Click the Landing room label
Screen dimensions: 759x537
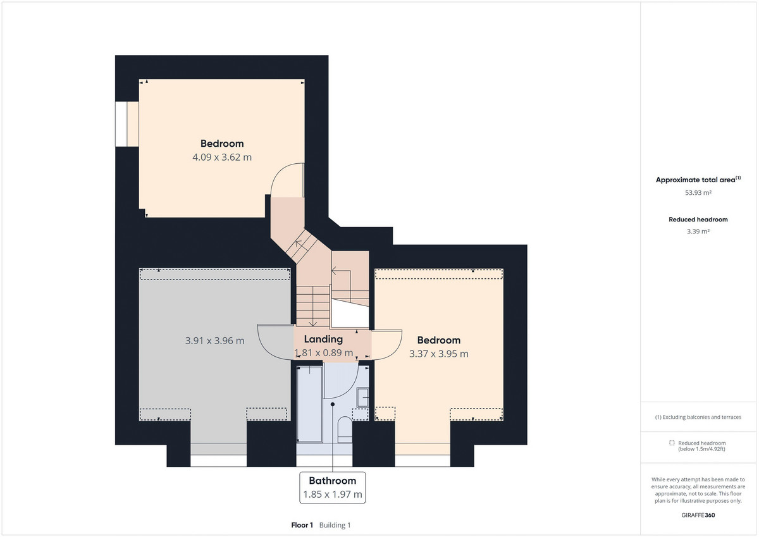point(323,339)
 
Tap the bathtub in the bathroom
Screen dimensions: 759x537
point(309,404)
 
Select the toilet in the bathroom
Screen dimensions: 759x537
point(345,429)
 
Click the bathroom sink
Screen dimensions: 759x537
point(363,397)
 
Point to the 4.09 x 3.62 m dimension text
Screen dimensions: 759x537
point(222,157)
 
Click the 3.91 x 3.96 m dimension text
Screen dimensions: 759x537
point(214,340)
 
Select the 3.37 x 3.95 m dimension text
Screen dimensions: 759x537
point(439,354)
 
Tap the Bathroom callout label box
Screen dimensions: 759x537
point(333,488)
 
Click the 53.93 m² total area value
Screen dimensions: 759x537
point(698,193)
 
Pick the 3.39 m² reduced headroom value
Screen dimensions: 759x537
point(698,231)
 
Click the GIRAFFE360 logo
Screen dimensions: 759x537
point(698,515)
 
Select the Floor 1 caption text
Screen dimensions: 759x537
point(302,525)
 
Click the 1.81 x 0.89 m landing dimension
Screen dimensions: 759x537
point(324,353)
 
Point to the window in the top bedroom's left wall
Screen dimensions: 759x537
point(121,124)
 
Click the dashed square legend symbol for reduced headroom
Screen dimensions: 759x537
point(672,443)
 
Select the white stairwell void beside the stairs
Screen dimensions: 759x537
point(350,313)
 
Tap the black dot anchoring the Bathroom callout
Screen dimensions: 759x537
point(333,404)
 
